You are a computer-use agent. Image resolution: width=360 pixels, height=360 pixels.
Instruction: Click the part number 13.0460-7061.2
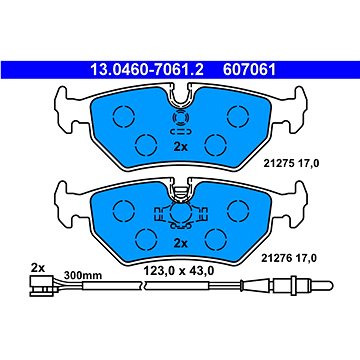[x=147, y=70]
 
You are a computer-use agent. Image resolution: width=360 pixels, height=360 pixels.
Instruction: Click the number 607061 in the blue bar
[x=249, y=70]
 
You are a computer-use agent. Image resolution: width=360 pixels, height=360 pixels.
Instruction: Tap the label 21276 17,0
[x=289, y=258]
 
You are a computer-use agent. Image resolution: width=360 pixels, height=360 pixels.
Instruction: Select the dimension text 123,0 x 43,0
[x=178, y=271]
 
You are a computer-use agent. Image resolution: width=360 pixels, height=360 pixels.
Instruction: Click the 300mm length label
[x=83, y=275]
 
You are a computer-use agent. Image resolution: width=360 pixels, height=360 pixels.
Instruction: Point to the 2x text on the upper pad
[x=181, y=147]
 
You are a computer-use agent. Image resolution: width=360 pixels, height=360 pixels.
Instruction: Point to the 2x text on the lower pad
[x=181, y=244]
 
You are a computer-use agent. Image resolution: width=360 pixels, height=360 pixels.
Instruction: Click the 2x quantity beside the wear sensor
[x=37, y=268]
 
